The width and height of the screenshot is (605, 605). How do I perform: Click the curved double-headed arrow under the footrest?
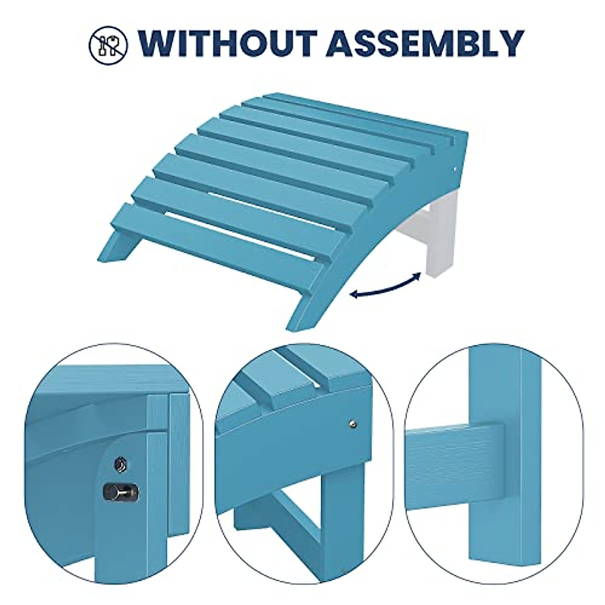(x=386, y=286)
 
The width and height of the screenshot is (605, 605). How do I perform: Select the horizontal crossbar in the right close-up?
(x=454, y=454)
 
